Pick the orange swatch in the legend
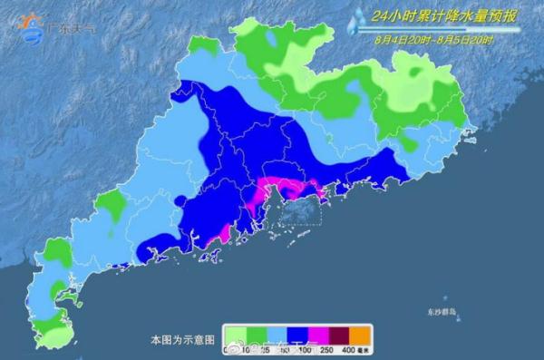coord(360,335)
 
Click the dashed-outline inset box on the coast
coord(299,211)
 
